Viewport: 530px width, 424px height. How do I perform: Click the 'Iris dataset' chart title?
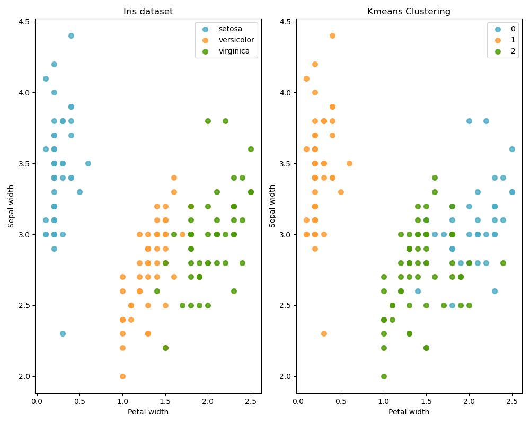[148, 12]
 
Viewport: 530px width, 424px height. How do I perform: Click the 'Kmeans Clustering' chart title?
[409, 12]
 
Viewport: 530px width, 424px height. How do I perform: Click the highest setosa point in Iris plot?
[71, 36]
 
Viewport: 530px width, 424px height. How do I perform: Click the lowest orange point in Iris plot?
[122, 376]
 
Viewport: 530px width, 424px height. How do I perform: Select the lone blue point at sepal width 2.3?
[63, 333]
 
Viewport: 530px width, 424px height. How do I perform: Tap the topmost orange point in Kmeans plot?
[332, 36]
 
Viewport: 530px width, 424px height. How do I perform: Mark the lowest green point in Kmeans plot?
[384, 376]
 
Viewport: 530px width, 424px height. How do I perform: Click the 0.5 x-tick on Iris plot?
[79, 401]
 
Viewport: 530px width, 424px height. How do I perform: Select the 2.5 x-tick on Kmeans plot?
[512, 401]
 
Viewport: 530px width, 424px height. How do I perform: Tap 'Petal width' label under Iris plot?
[148, 412]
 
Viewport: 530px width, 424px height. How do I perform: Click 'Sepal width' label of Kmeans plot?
[272, 206]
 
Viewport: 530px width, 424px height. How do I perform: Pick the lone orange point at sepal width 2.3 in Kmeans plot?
[324, 333]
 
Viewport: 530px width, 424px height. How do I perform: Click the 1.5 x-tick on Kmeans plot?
[426, 401]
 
